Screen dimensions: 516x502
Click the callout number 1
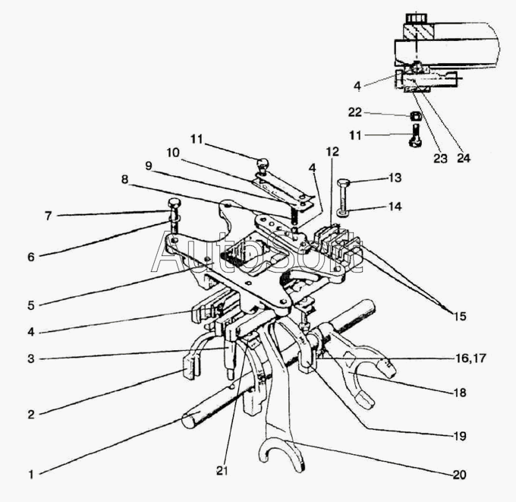coord(31,475)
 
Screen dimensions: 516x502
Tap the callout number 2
coord(31,415)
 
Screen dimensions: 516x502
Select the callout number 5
coord(31,305)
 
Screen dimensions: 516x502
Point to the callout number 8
coord(124,179)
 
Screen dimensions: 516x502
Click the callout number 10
coord(173,153)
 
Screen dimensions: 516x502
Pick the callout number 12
coord(332,152)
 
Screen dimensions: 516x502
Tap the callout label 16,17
coord(471,358)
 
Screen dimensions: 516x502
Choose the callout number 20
coord(460,475)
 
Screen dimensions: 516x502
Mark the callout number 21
coord(222,471)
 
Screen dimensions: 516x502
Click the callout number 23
coord(441,159)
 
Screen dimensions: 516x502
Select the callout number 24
coord(464,159)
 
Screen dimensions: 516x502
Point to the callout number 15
coord(460,316)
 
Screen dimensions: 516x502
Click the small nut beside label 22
coord(416,115)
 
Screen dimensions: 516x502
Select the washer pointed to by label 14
coord(344,213)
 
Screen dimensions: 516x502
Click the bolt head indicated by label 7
coord(174,203)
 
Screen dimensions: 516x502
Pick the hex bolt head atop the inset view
coord(417,17)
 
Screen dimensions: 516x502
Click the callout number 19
coord(460,436)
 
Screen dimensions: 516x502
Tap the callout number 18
coord(460,393)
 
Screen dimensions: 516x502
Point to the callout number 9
coord(149,166)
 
